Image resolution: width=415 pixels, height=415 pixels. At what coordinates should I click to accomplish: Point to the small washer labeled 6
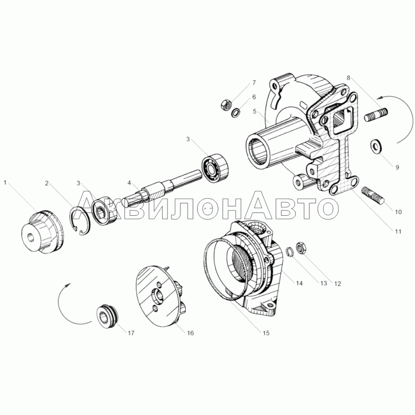[236, 113]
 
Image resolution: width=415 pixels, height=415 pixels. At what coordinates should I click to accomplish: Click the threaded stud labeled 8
[376, 115]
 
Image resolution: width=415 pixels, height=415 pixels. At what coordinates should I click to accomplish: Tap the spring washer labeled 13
[290, 252]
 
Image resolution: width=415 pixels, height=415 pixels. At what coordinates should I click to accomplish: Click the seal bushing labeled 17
[108, 317]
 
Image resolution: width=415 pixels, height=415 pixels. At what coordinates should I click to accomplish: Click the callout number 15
[266, 333]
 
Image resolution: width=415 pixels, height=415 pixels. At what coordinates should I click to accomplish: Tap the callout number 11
[398, 231]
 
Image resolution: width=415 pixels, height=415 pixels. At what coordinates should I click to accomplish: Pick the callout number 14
[299, 283]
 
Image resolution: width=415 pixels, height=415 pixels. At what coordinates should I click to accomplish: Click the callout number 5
[254, 111]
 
